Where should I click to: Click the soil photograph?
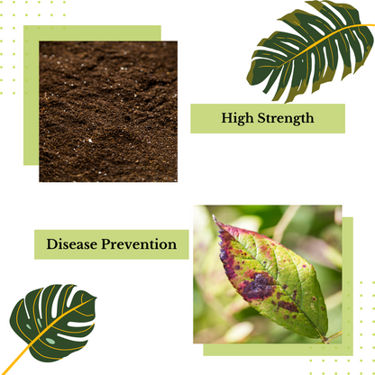108,111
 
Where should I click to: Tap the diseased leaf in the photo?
270,275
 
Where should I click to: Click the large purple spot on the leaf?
256,287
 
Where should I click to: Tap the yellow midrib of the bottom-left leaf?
58,325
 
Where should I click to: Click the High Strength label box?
268,118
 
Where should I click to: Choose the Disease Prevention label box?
112,244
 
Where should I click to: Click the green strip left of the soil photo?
31,99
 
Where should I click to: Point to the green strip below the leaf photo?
270,350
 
